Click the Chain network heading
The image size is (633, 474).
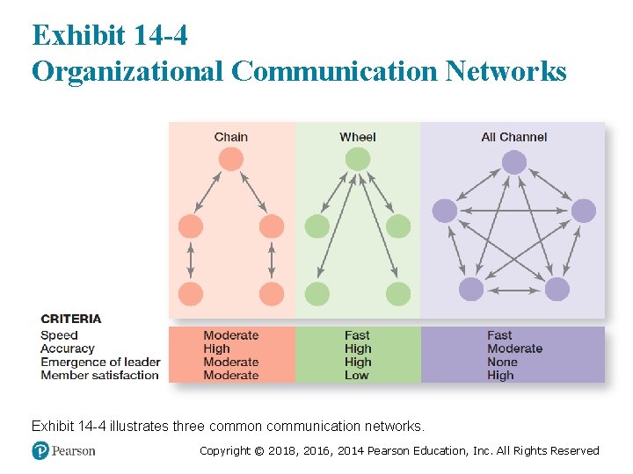[x=230, y=137]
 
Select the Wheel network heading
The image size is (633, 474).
[x=357, y=137]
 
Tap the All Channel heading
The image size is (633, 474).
[x=513, y=137]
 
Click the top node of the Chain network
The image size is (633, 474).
[x=230, y=159]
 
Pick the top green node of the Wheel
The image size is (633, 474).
[x=357, y=159]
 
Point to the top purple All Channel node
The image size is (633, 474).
[x=514, y=162]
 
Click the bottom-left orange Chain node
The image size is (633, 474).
[x=191, y=294]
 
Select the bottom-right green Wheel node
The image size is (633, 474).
[x=398, y=294]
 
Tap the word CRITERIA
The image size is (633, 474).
[x=71, y=319]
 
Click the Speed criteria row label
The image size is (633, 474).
[x=59, y=335]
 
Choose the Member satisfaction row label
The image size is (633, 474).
[x=99, y=375]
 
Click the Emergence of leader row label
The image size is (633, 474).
[x=100, y=362]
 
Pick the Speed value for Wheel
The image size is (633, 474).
[x=357, y=335]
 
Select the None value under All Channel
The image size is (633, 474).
[x=502, y=362]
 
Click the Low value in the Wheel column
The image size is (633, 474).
[x=356, y=375]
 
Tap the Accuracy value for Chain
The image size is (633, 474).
[x=216, y=348]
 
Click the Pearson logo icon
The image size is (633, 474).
[x=40, y=450]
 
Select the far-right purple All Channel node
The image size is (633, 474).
[x=583, y=211]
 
